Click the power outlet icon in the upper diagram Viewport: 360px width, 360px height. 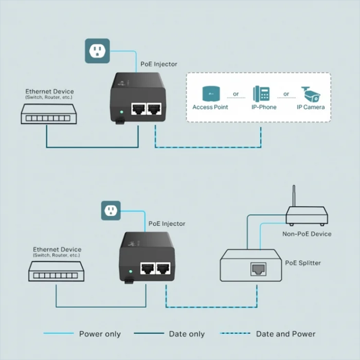click(97, 51)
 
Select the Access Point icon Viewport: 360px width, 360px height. click(210, 93)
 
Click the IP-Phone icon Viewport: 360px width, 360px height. click(262, 93)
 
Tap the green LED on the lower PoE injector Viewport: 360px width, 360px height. click(130, 272)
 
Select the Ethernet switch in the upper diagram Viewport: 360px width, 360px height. click(48, 114)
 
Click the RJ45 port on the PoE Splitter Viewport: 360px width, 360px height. click(258, 270)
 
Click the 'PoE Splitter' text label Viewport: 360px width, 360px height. click(303, 262)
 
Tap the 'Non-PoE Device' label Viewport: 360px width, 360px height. click(306, 234)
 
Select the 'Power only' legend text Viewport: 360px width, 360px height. click(100, 334)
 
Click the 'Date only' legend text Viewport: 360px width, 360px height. click(187, 334)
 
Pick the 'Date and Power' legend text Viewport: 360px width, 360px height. click(286, 334)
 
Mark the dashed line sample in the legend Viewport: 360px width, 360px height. click(235, 333)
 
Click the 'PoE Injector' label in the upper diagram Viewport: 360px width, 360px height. click(159, 64)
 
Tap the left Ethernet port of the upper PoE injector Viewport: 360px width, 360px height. click(137, 109)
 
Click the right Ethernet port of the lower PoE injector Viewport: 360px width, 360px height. click(163, 269)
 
